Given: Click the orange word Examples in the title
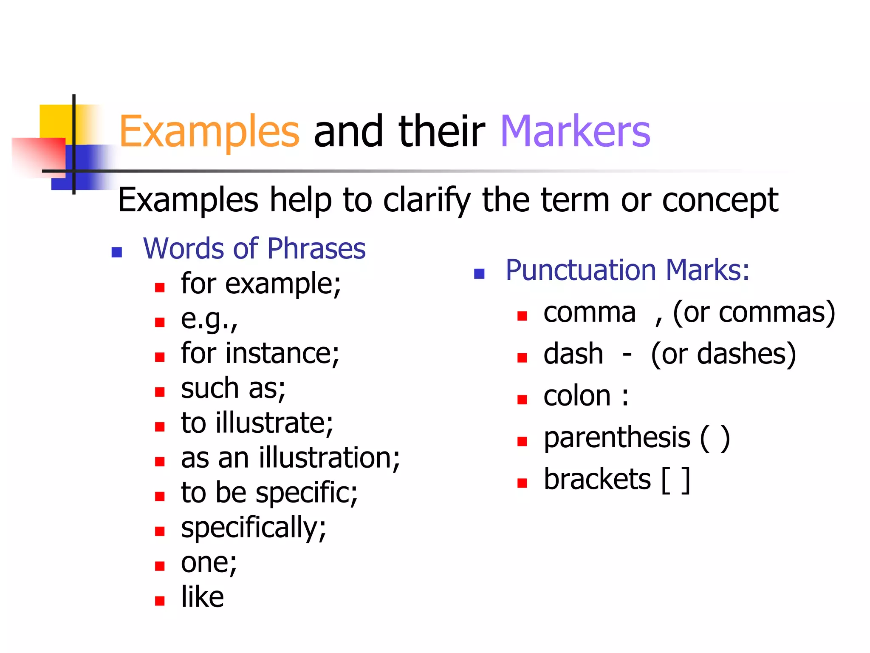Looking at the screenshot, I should coord(209,132).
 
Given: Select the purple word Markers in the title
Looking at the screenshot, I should coord(575,132).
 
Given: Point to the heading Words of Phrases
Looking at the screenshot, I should coord(254,248).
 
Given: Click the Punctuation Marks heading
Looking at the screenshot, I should coord(627,270).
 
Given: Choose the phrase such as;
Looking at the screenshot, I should coord(233,389).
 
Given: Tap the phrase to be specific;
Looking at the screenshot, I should coord(269,493).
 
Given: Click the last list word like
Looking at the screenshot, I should coord(202,597).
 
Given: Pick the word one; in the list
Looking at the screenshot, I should coord(209,563).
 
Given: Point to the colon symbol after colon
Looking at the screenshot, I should coord(625,397).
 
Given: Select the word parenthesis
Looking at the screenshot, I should coord(617,438).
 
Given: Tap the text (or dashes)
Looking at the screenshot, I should coord(723,355).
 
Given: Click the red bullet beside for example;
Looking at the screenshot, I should coord(160,288).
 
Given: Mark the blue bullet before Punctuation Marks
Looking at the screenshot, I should coord(479,274).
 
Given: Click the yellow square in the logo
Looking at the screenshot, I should coord(55,121).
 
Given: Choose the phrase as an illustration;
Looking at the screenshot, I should coord(290,458).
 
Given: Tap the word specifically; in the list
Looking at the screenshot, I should coord(253,528).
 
